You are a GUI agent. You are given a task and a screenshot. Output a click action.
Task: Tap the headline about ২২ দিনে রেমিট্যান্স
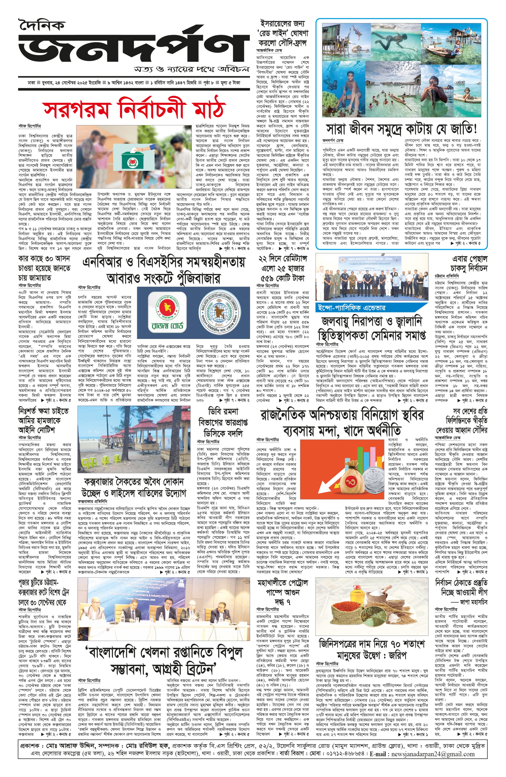tap(283, 268)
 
